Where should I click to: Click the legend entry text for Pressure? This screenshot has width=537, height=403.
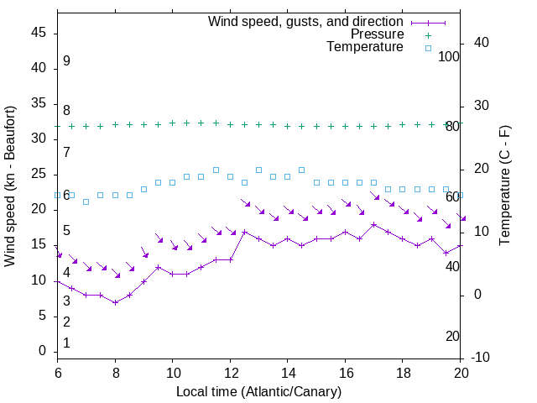click(377, 34)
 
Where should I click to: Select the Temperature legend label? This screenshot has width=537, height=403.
click(365, 47)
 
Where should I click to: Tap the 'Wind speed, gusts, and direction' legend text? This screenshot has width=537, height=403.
click(306, 21)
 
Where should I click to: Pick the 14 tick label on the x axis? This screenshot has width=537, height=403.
click(287, 372)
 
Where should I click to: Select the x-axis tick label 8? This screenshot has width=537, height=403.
click(115, 372)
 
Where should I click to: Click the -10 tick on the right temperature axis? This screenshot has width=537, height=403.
click(482, 358)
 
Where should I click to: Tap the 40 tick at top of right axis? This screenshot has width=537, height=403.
click(482, 43)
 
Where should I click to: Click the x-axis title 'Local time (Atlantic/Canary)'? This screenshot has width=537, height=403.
click(258, 391)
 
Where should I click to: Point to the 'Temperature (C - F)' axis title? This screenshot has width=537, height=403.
click(504, 186)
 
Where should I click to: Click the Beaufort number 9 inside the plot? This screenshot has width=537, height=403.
click(66, 61)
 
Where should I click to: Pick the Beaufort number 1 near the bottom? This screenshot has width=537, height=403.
click(66, 343)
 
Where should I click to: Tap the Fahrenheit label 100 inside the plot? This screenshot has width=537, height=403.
click(449, 56)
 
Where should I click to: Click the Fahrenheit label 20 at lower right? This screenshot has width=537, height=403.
click(452, 336)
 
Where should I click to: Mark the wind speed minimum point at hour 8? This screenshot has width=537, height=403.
click(115, 302)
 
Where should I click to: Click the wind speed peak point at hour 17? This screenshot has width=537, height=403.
click(374, 224)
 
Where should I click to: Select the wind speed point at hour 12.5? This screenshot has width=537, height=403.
click(244, 232)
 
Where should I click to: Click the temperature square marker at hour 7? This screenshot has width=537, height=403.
click(86, 201)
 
